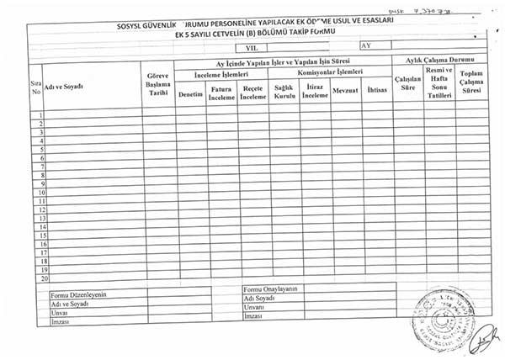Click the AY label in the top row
pyautogui.click(x=365, y=47)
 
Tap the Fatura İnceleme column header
pyautogui.click(x=221, y=92)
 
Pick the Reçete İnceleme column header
pyautogui.click(x=252, y=92)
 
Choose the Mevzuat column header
pyautogui.click(x=345, y=89)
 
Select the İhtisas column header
pyautogui.click(x=376, y=89)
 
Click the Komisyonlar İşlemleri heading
pyautogui.click(x=329, y=73)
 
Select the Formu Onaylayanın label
pyautogui.click(x=270, y=289)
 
